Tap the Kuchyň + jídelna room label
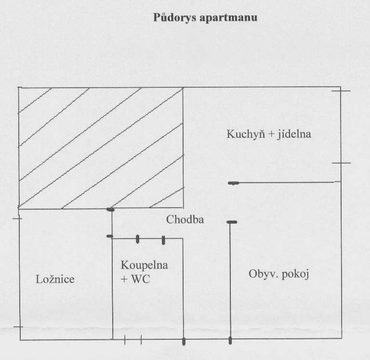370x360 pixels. [x=269, y=134]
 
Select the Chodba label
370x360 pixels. [x=185, y=220]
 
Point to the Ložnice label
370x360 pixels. [x=55, y=279]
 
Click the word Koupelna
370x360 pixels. [x=145, y=265]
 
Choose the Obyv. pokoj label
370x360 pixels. [x=278, y=274]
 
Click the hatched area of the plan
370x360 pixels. [x=100, y=147]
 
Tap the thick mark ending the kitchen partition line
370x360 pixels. [x=234, y=183]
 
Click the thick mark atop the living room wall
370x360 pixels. [x=232, y=222]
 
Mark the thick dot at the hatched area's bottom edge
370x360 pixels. [x=110, y=209]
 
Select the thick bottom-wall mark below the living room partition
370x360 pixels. [x=230, y=341]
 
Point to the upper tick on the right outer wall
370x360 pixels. [x=341, y=91]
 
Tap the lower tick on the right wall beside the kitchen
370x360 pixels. [x=341, y=163]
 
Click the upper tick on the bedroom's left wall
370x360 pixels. [x=18, y=218]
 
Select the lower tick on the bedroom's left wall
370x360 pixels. [x=18, y=327]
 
